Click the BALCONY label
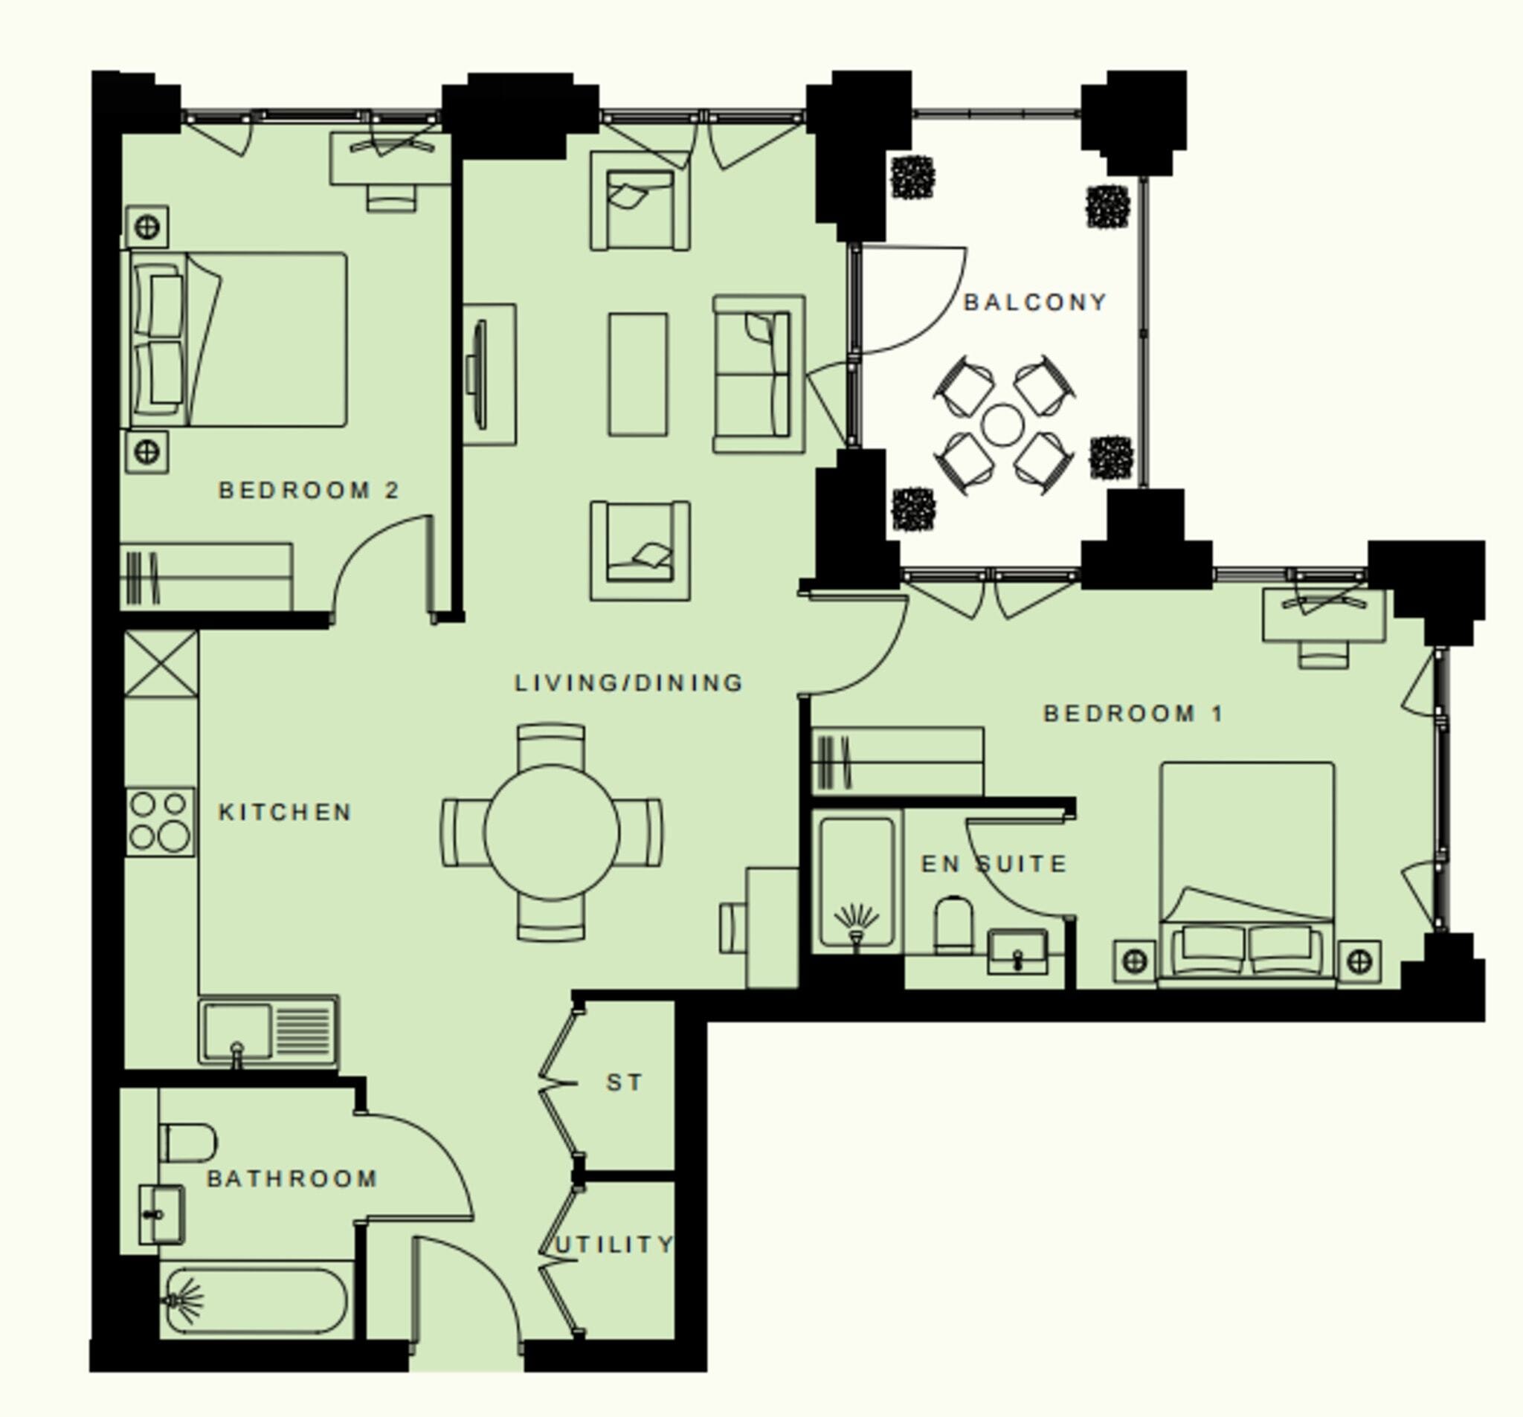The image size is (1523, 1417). (1034, 303)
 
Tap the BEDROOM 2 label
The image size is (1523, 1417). (309, 490)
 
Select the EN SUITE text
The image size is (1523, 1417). (994, 864)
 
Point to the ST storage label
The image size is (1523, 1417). (624, 1083)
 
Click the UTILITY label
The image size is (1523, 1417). (613, 1245)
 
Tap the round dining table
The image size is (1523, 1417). (552, 832)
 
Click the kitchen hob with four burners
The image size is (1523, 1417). (160, 822)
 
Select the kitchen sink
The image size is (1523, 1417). (268, 1031)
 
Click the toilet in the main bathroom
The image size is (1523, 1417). (187, 1143)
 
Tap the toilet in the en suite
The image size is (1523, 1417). (954, 926)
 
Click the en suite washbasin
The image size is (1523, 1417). (1017, 952)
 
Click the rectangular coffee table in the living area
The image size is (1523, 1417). (638, 374)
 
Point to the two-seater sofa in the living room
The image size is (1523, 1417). (759, 374)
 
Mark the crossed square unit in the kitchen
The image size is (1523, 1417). (161, 664)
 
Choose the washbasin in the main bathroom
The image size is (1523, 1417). (161, 1215)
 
